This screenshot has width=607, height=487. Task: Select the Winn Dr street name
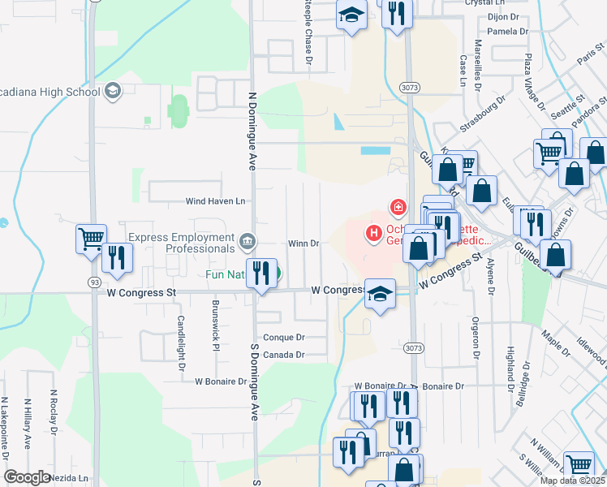pyautogui.click(x=303, y=243)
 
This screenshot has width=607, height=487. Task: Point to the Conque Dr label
pyautogui.click(x=283, y=337)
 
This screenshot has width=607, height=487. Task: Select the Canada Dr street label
pyautogui.click(x=283, y=355)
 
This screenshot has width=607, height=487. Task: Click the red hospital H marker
pyautogui.click(x=374, y=235)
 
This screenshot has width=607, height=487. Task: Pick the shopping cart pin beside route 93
pyautogui.click(x=90, y=239)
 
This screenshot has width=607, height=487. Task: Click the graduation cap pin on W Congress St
pyautogui.click(x=379, y=294)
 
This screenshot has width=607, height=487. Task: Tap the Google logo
pyautogui.click(x=26, y=477)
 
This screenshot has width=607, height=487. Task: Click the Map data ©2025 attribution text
pyautogui.click(x=571, y=481)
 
